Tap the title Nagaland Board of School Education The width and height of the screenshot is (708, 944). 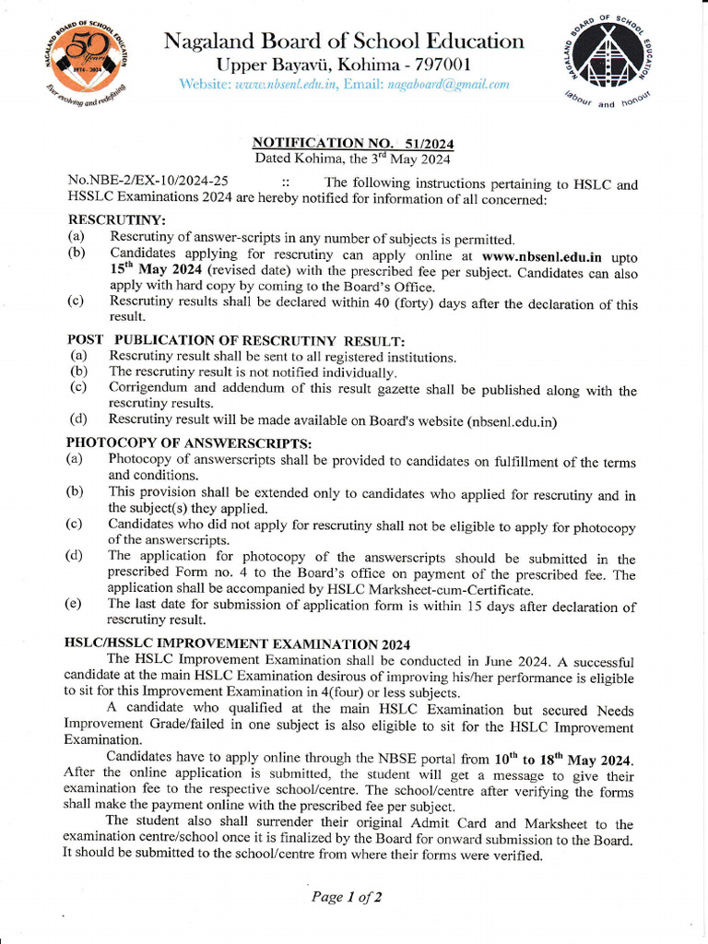[x=344, y=41]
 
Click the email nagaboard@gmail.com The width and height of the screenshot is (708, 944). [x=450, y=85]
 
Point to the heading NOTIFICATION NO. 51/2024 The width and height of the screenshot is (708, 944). [x=353, y=144]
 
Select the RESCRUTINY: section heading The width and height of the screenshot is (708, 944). [x=117, y=221]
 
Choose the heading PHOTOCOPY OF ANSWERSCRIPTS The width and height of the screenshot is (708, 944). [x=190, y=443]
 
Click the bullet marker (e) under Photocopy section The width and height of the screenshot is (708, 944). [x=74, y=605]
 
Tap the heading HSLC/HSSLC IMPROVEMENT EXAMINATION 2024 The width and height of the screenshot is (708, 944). [x=237, y=643]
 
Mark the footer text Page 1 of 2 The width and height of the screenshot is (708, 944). [x=347, y=896]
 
